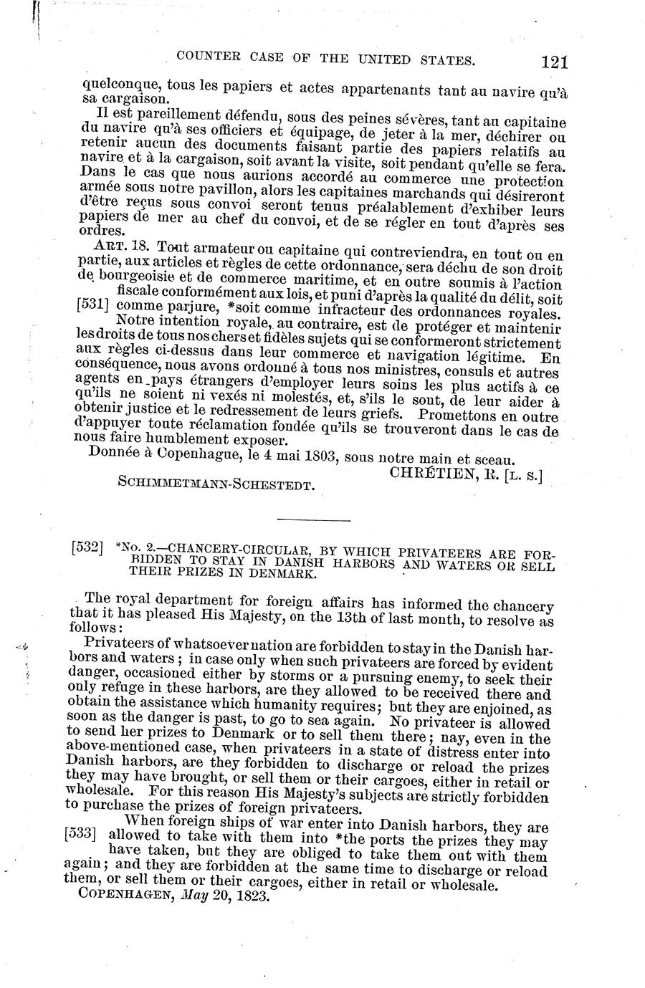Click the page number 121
pos(554,62)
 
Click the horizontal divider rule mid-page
pos(311,518)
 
